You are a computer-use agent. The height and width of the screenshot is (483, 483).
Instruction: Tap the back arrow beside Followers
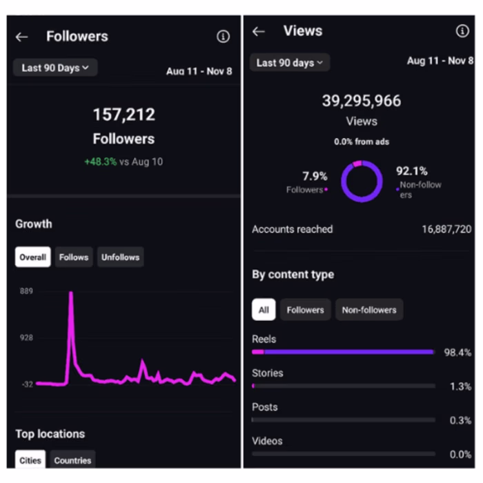pyautogui.click(x=22, y=37)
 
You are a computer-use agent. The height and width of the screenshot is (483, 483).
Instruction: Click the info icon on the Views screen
pyautogui.click(x=462, y=31)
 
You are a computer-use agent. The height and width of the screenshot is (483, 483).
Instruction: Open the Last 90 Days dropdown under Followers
pyautogui.click(x=55, y=68)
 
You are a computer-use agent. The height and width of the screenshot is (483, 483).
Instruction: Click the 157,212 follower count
pyautogui.click(x=124, y=115)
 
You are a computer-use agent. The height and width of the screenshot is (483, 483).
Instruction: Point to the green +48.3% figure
pyautogui.click(x=101, y=162)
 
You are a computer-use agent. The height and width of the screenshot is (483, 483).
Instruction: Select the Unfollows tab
pyautogui.click(x=120, y=257)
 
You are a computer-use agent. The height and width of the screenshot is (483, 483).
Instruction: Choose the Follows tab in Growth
pyautogui.click(x=74, y=257)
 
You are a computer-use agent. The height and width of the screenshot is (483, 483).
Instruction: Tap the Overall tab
pyautogui.click(x=32, y=257)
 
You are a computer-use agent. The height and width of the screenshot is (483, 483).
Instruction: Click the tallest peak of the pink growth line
pyautogui.click(x=70, y=294)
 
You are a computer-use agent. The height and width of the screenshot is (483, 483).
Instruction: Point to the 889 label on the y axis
pyautogui.click(x=26, y=291)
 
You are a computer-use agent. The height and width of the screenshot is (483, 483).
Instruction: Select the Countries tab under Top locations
pyautogui.click(x=72, y=460)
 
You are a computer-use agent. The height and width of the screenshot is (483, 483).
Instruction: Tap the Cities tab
pyautogui.click(x=30, y=460)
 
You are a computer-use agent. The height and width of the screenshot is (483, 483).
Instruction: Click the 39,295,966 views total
pyautogui.click(x=361, y=101)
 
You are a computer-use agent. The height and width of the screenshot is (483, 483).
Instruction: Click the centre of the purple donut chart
pyautogui.click(x=362, y=181)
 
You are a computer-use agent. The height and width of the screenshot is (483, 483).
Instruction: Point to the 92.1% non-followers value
pyautogui.click(x=411, y=171)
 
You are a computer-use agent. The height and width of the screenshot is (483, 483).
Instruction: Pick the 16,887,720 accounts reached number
pyautogui.click(x=446, y=229)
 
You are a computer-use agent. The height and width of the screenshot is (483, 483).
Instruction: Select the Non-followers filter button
pyautogui.click(x=369, y=310)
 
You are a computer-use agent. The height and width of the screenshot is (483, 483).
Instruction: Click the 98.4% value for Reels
pyautogui.click(x=457, y=353)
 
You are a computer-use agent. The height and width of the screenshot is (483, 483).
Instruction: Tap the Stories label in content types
pyautogui.click(x=268, y=373)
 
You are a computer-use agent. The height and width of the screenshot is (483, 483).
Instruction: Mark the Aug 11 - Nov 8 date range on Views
pyautogui.click(x=439, y=61)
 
